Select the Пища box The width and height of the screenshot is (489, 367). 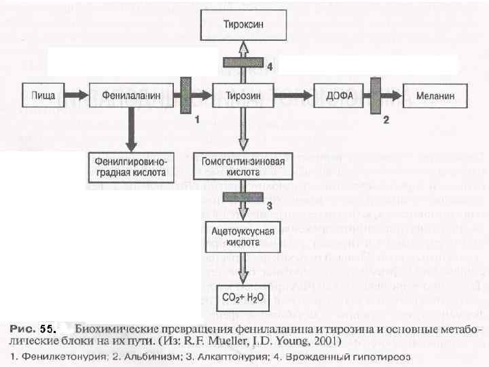[44, 95]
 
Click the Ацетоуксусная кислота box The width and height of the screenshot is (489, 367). [243, 237]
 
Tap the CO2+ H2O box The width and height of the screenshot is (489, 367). [243, 296]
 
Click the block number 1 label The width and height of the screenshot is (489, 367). [197, 120]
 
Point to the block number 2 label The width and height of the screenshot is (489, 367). [386, 120]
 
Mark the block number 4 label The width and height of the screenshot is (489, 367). [270, 67]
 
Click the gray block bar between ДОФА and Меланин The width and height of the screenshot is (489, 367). [374, 95]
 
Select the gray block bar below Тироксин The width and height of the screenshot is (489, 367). [242, 63]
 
